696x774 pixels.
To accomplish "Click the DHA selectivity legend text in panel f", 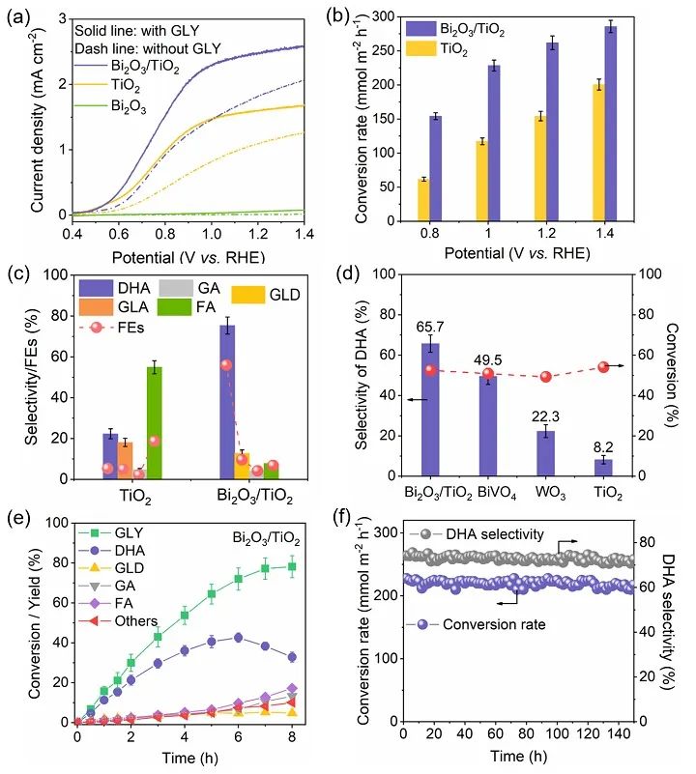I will [x=486, y=533].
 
